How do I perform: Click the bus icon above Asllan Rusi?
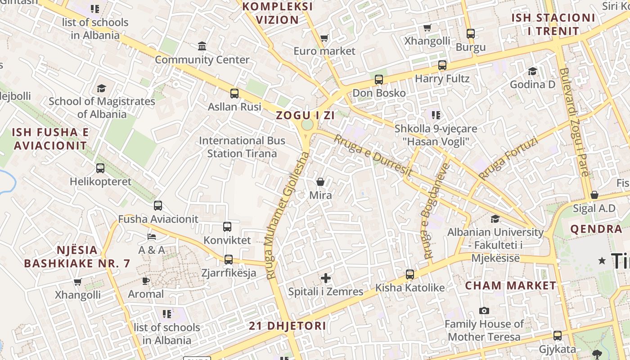(x=234, y=94)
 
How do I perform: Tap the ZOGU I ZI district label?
(x=305, y=115)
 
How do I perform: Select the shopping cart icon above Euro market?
(x=324, y=38)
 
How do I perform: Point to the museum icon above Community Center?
(x=202, y=46)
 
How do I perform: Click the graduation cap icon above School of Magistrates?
(x=102, y=88)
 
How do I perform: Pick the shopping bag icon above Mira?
(x=320, y=182)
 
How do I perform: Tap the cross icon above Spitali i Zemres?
(x=326, y=278)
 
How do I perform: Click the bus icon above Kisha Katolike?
(x=410, y=274)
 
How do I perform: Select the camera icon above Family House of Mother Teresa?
(x=484, y=310)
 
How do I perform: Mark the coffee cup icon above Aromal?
(x=145, y=281)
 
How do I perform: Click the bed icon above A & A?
(x=152, y=236)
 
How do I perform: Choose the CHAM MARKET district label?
(x=510, y=285)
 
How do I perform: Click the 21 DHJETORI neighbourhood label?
(x=287, y=326)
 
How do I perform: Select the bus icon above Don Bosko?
(x=379, y=80)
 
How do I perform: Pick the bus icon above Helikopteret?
(x=100, y=168)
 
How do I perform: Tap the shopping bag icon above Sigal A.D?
(x=594, y=195)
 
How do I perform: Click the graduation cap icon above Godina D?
(x=533, y=71)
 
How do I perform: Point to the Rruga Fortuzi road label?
(x=508, y=159)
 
